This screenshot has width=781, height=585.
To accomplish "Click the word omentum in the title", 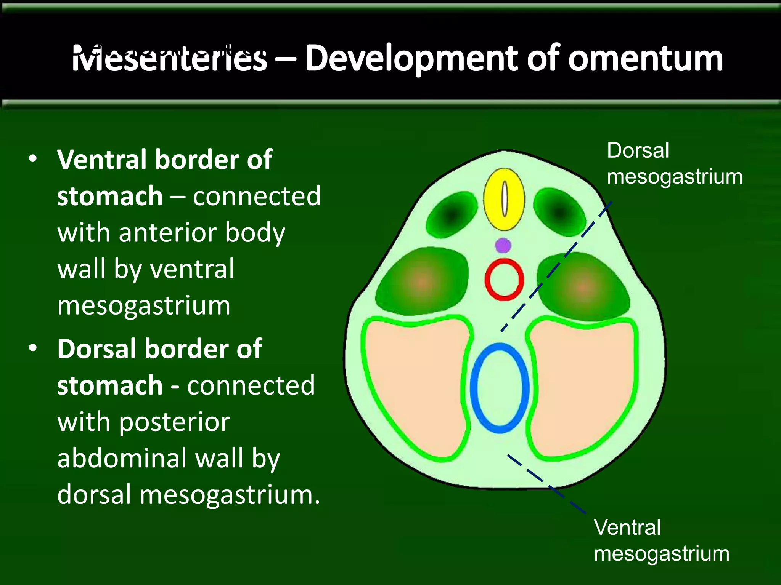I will pyautogui.click(x=645, y=59).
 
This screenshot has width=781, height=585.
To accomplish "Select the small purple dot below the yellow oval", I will pyautogui.click(x=503, y=245).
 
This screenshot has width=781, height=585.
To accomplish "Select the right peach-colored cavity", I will pyautogui.click(x=583, y=385).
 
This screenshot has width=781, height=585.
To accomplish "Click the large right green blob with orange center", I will pyautogui.click(x=583, y=286).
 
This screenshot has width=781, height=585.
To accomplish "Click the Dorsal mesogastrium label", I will pyautogui.click(x=674, y=164).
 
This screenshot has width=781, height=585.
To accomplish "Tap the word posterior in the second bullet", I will pyautogui.click(x=175, y=422).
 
